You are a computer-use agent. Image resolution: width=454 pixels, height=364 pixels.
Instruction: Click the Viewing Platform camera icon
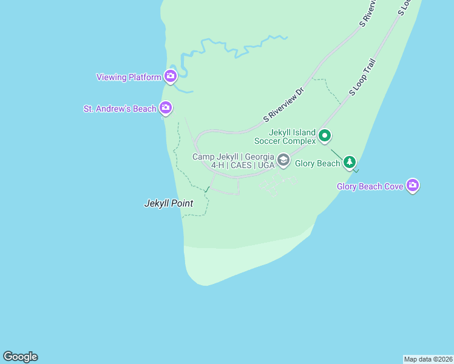click(x=170, y=76)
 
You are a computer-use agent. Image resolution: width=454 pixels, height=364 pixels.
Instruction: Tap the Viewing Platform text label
click(x=129, y=77)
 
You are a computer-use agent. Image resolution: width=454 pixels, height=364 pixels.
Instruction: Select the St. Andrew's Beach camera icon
click(x=166, y=109)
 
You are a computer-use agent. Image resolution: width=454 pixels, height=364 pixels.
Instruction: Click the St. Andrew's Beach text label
click(x=120, y=109)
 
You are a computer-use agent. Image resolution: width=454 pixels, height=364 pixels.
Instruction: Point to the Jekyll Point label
click(x=168, y=204)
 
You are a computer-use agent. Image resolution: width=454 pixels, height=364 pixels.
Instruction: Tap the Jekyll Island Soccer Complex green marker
click(x=325, y=136)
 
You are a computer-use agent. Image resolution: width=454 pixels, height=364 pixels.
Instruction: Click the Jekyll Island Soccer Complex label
click(x=293, y=136)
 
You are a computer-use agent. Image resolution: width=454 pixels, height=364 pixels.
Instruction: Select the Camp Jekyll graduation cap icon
click(x=282, y=160)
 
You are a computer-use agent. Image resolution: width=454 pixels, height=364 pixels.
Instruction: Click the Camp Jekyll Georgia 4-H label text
click(x=234, y=161)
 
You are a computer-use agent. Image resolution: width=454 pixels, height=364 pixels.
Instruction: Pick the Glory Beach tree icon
click(x=349, y=162)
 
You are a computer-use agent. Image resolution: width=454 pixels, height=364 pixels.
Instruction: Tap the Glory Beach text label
click(x=317, y=163)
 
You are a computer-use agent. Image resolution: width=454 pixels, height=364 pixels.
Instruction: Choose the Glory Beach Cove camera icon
click(x=413, y=186)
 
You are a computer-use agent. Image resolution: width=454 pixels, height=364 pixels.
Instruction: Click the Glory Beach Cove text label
click(x=370, y=186)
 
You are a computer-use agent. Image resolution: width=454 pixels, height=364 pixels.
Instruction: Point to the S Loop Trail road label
click(x=363, y=78)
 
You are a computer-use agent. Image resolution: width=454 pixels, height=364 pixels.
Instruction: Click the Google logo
click(x=20, y=357)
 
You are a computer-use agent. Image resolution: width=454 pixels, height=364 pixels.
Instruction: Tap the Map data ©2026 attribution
click(x=428, y=359)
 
